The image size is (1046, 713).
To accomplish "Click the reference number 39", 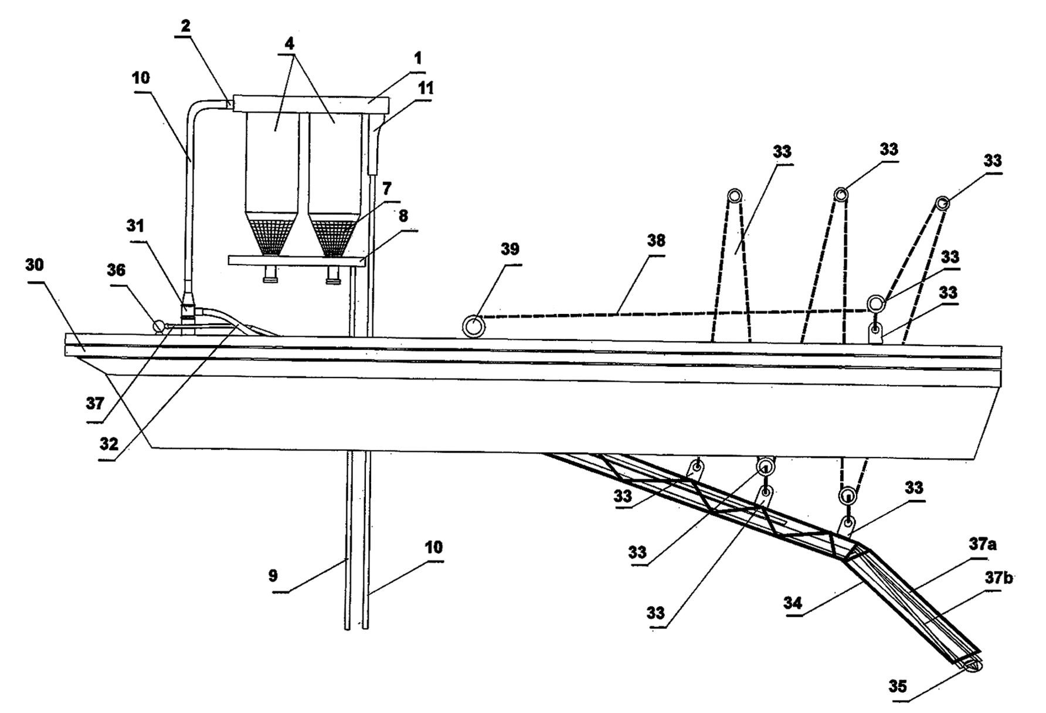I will [510, 249].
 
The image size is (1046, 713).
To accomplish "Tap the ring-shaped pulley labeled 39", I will [473, 325].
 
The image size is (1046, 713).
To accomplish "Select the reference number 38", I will [656, 241].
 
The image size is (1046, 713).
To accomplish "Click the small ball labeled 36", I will [158, 326].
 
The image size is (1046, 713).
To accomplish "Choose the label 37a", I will [983, 545].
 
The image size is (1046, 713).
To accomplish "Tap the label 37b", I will [999, 578].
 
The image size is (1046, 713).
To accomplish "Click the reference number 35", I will [898, 687].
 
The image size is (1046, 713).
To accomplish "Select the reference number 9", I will [273, 576].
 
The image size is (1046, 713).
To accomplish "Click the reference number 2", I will [186, 26].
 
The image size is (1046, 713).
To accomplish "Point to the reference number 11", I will [425, 88].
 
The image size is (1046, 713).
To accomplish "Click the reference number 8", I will [403, 216].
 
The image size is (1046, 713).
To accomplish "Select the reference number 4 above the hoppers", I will [290, 43].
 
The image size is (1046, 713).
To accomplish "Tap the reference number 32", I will [108, 444].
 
